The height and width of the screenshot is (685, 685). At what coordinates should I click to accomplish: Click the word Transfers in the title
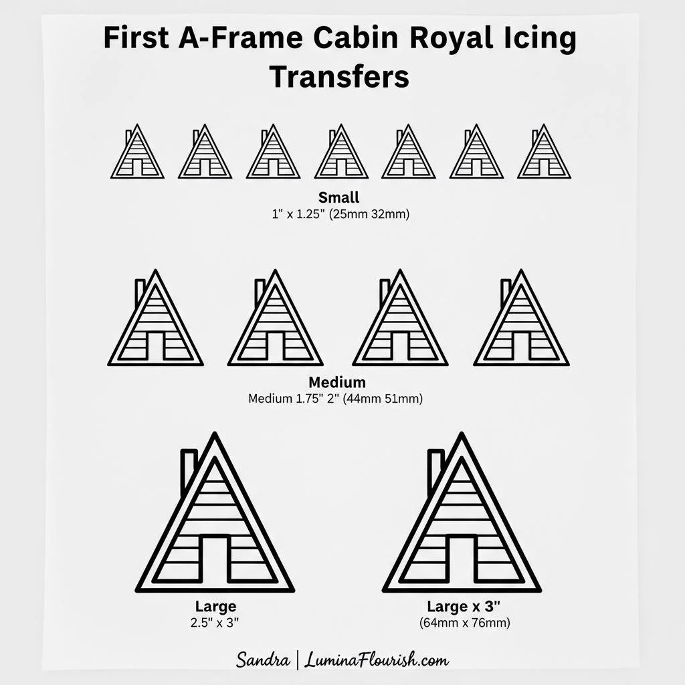(x=339, y=76)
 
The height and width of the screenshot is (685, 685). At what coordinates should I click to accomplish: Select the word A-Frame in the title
(x=240, y=37)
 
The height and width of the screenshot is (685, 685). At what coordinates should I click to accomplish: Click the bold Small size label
(x=338, y=197)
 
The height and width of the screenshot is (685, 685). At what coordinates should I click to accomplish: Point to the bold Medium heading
(x=337, y=382)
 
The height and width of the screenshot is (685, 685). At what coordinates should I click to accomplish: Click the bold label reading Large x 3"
(x=464, y=606)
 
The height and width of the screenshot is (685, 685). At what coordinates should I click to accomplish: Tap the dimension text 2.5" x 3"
(x=215, y=623)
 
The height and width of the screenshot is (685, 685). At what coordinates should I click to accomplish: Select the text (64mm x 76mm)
(x=464, y=623)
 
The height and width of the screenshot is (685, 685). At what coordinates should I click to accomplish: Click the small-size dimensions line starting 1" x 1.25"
(x=340, y=214)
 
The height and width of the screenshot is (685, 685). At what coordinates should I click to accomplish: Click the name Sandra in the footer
(x=262, y=660)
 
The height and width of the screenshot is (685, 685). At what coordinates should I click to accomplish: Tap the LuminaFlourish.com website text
(x=377, y=660)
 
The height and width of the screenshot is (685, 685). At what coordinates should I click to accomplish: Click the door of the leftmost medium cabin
(x=155, y=347)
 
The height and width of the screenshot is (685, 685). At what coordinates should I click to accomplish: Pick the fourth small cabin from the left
(x=341, y=152)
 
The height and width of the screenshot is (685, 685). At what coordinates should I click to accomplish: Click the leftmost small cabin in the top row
(x=137, y=152)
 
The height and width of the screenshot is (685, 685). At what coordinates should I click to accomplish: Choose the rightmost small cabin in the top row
(x=544, y=152)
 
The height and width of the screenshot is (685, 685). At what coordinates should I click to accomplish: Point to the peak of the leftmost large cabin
(x=215, y=433)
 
